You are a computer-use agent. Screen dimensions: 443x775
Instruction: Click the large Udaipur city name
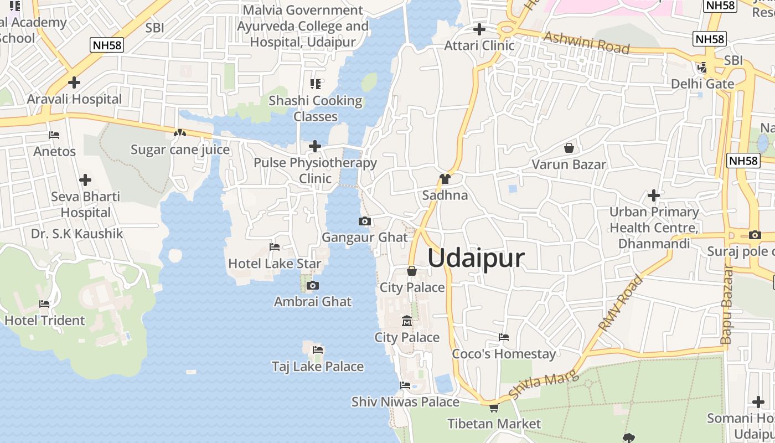point(476,258)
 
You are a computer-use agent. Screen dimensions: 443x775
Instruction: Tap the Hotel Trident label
point(45,320)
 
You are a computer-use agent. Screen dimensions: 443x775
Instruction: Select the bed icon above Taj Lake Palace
point(318,350)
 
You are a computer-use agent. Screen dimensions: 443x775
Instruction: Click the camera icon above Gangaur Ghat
point(364,221)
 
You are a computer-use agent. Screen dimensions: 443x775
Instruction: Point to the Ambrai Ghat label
point(313,302)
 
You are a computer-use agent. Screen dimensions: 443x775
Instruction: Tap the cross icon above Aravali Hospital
point(74,83)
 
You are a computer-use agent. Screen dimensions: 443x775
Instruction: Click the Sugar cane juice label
point(180,150)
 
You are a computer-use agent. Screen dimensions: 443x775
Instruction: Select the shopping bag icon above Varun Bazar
point(569,148)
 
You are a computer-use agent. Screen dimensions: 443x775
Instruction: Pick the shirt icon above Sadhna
point(445,179)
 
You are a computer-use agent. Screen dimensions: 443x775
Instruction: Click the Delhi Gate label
point(702,84)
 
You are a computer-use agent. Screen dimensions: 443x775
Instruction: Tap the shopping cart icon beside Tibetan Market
point(494,408)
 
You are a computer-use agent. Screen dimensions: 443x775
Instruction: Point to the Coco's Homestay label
point(504,354)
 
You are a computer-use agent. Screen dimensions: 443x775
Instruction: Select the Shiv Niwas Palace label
point(405,401)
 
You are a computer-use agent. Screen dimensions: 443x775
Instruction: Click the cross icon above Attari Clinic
point(479,29)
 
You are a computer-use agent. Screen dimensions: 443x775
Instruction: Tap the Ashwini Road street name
point(587,43)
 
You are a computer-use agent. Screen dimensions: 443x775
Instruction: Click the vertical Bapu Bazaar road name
point(727,305)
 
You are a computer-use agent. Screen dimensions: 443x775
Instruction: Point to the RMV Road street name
point(621,303)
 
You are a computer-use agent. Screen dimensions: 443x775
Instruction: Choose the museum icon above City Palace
point(407,321)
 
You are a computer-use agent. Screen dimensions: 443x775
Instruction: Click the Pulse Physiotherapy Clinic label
point(315,171)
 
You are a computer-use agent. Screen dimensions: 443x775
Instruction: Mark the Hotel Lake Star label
point(275,264)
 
